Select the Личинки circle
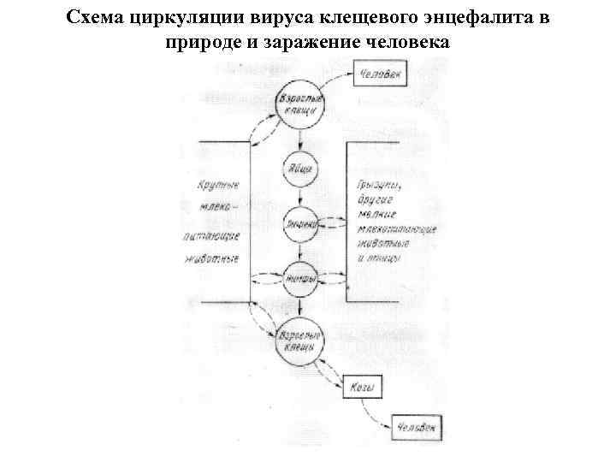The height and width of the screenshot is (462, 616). pyautogui.click(x=299, y=224)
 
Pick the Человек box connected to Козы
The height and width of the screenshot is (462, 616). pyautogui.click(x=418, y=426)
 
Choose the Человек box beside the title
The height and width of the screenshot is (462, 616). pyautogui.click(x=382, y=74)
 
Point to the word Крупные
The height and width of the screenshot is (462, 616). pyautogui.click(x=217, y=185)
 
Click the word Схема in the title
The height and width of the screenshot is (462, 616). pyautogui.click(x=92, y=17)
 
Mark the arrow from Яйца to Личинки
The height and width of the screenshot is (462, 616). pyautogui.click(x=299, y=197)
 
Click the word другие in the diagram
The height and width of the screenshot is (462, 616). pyautogui.click(x=374, y=200)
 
